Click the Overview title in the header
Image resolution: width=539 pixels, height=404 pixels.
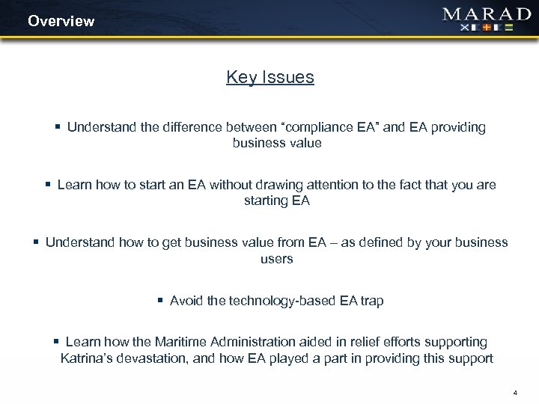point(61,21)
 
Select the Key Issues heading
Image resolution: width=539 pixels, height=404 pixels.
point(270,77)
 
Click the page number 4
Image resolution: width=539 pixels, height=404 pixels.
point(516,392)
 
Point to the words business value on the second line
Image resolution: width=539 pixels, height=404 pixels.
point(277,143)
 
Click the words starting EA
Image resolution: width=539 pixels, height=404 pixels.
point(277,200)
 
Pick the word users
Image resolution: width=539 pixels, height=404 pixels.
point(277,258)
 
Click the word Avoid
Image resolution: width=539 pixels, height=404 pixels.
point(187,301)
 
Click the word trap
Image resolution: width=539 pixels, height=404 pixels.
point(371,301)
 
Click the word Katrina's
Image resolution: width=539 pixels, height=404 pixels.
point(88,358)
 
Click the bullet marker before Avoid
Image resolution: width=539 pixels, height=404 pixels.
point(160,301)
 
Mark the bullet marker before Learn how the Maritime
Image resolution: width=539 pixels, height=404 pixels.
point(57,342)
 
